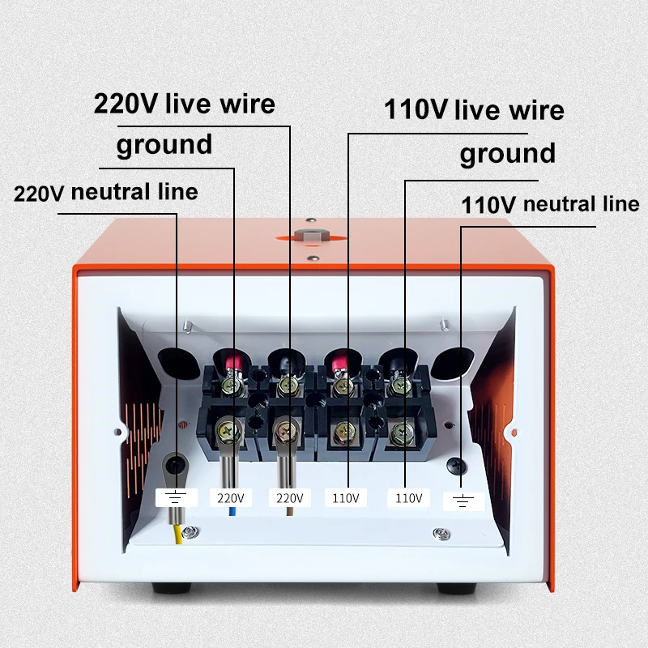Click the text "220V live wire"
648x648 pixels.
click(185, 104)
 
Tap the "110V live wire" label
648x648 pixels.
click(474, 109)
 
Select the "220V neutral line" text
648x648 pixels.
click(106, 193)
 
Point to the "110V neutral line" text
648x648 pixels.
click(550, 204)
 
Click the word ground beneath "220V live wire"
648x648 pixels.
click(164, 146)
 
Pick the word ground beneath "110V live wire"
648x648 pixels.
click(508, 154)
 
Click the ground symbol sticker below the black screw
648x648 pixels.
click(463, 501)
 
